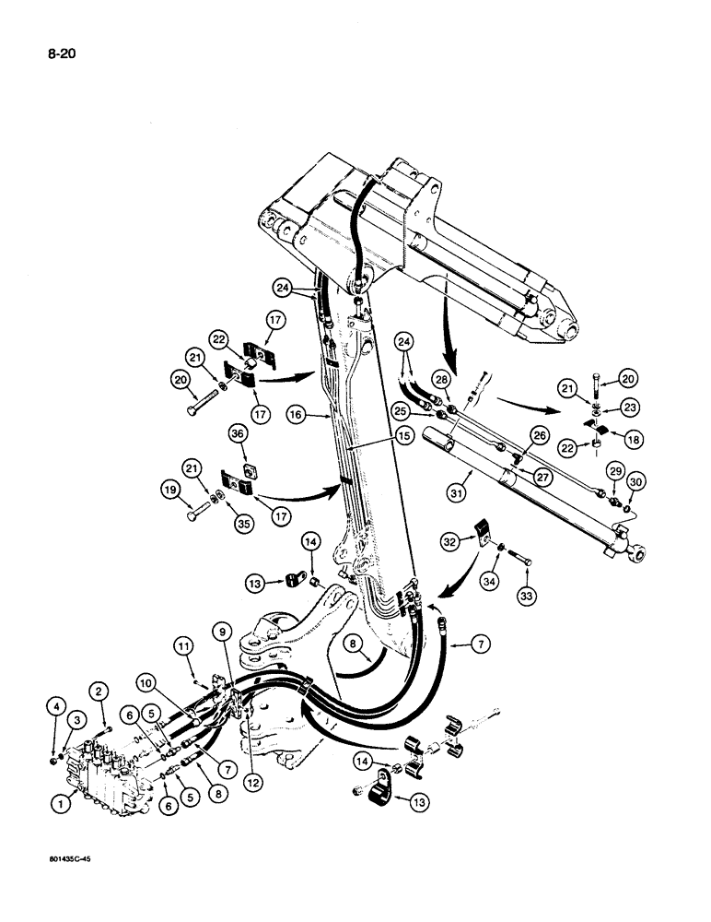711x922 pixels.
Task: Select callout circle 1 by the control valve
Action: pyautogui.click(x=61, y=805)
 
